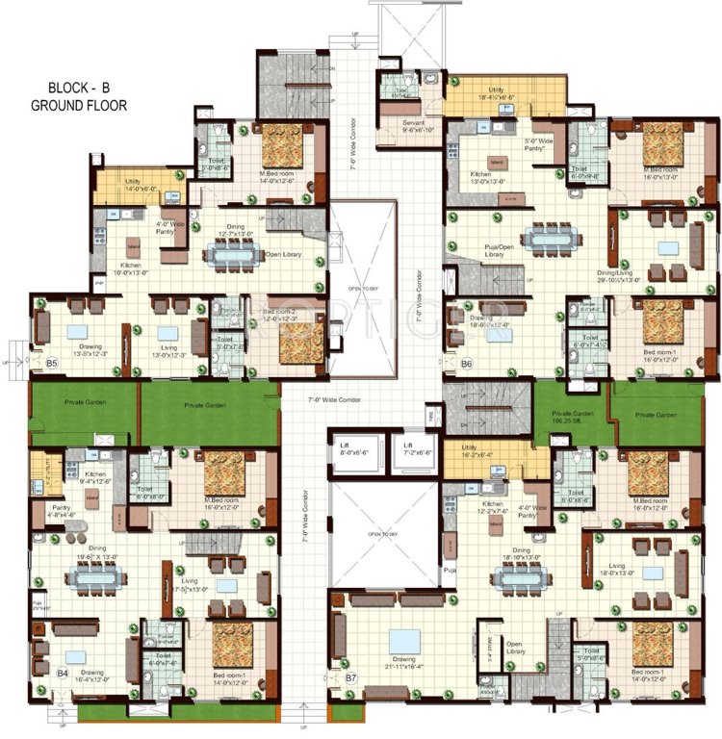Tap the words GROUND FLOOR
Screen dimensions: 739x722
(x=78, y=104)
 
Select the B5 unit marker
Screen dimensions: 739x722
(x=52, y=363)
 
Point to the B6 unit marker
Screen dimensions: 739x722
(x=466, y=364)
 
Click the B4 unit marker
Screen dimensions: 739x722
(x=62, y=674)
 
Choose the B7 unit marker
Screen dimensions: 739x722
(x=352, y=677)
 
